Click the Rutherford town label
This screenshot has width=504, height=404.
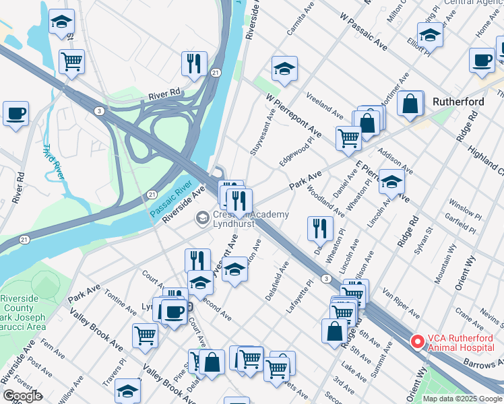[x=458, y=102]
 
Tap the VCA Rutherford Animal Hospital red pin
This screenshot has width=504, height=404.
[x=418, y=342]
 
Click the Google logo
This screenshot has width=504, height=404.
[x=22, y=396]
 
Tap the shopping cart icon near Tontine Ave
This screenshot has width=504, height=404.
[x=146, y=335]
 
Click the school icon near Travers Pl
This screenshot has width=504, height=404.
[x=127, y=390]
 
